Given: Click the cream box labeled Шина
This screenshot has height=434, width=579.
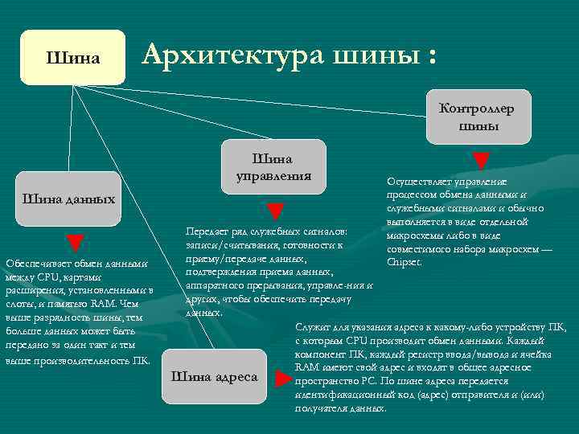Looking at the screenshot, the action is click(x=73, y=57).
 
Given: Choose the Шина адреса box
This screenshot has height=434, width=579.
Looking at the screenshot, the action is click(x=215, y=376).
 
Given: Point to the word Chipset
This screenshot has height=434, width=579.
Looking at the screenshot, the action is click(x=403, y=262).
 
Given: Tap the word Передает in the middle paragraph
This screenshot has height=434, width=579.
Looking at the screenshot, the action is click(x=204, y=231).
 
